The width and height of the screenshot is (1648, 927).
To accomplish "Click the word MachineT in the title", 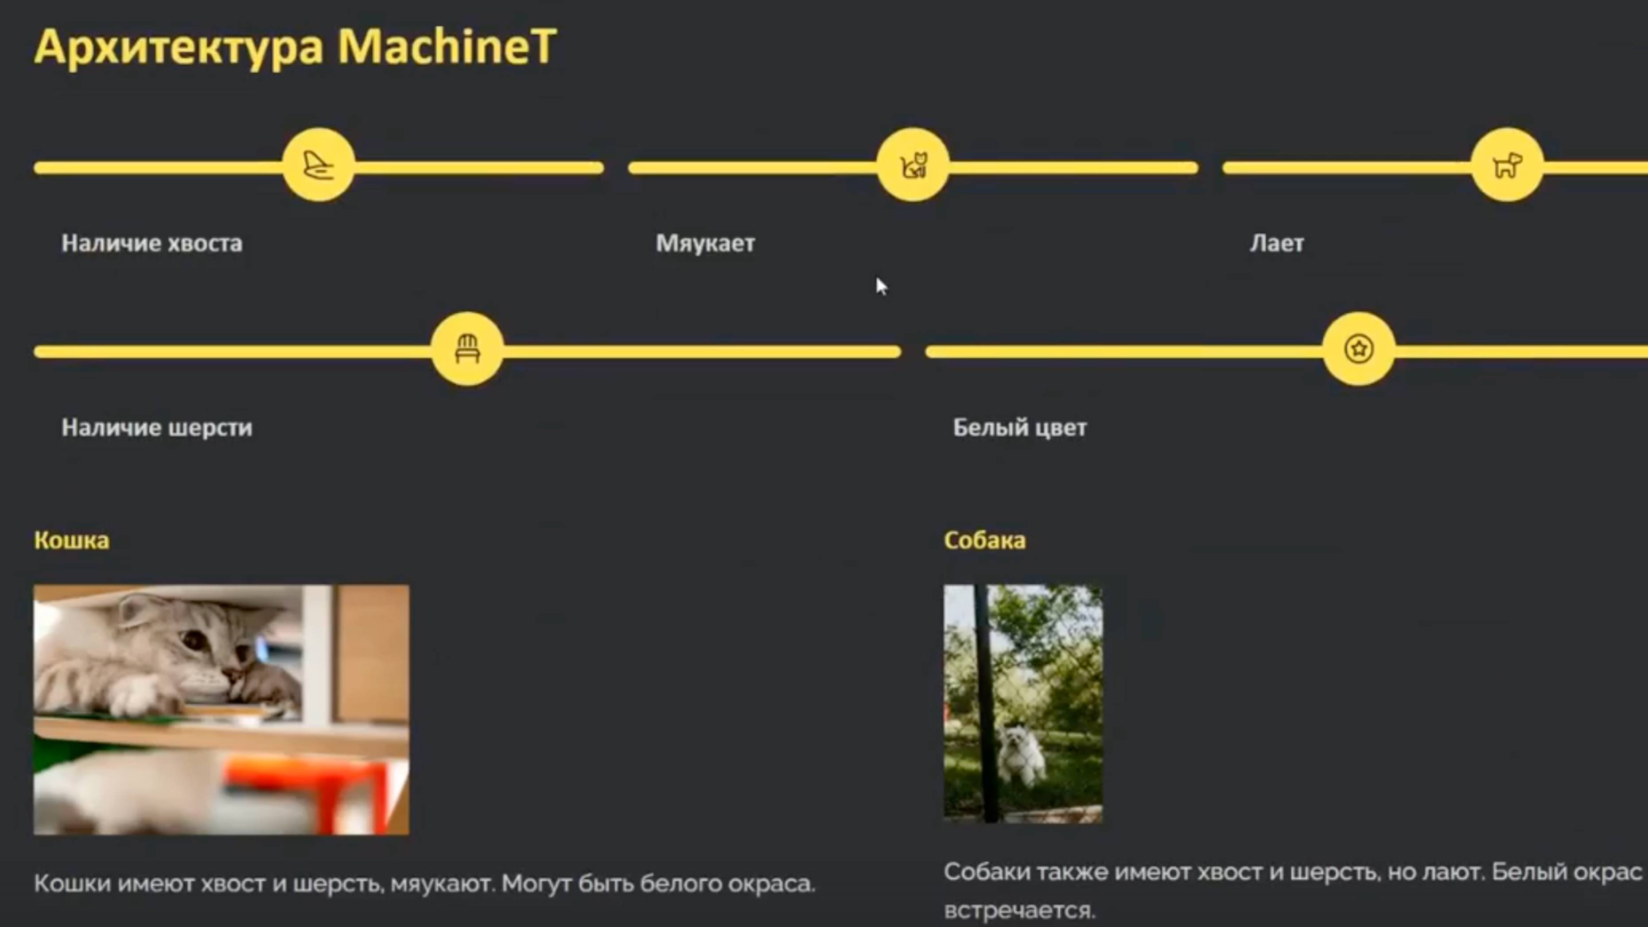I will coord(447,47).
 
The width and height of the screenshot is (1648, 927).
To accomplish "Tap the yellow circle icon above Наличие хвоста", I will coord(319,166).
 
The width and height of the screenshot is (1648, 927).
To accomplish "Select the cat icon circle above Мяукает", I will coord(913,166).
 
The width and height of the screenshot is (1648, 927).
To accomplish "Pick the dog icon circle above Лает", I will coord(1507,166).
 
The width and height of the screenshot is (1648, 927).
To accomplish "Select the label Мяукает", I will coord(705,244).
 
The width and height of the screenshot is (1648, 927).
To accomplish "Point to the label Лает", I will coord(1276,244).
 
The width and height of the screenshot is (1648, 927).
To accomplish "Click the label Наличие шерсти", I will coord(157,427).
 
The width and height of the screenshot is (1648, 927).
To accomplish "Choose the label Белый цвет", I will coord(1020,427).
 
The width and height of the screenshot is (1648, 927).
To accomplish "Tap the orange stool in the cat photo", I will coord(307,793).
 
